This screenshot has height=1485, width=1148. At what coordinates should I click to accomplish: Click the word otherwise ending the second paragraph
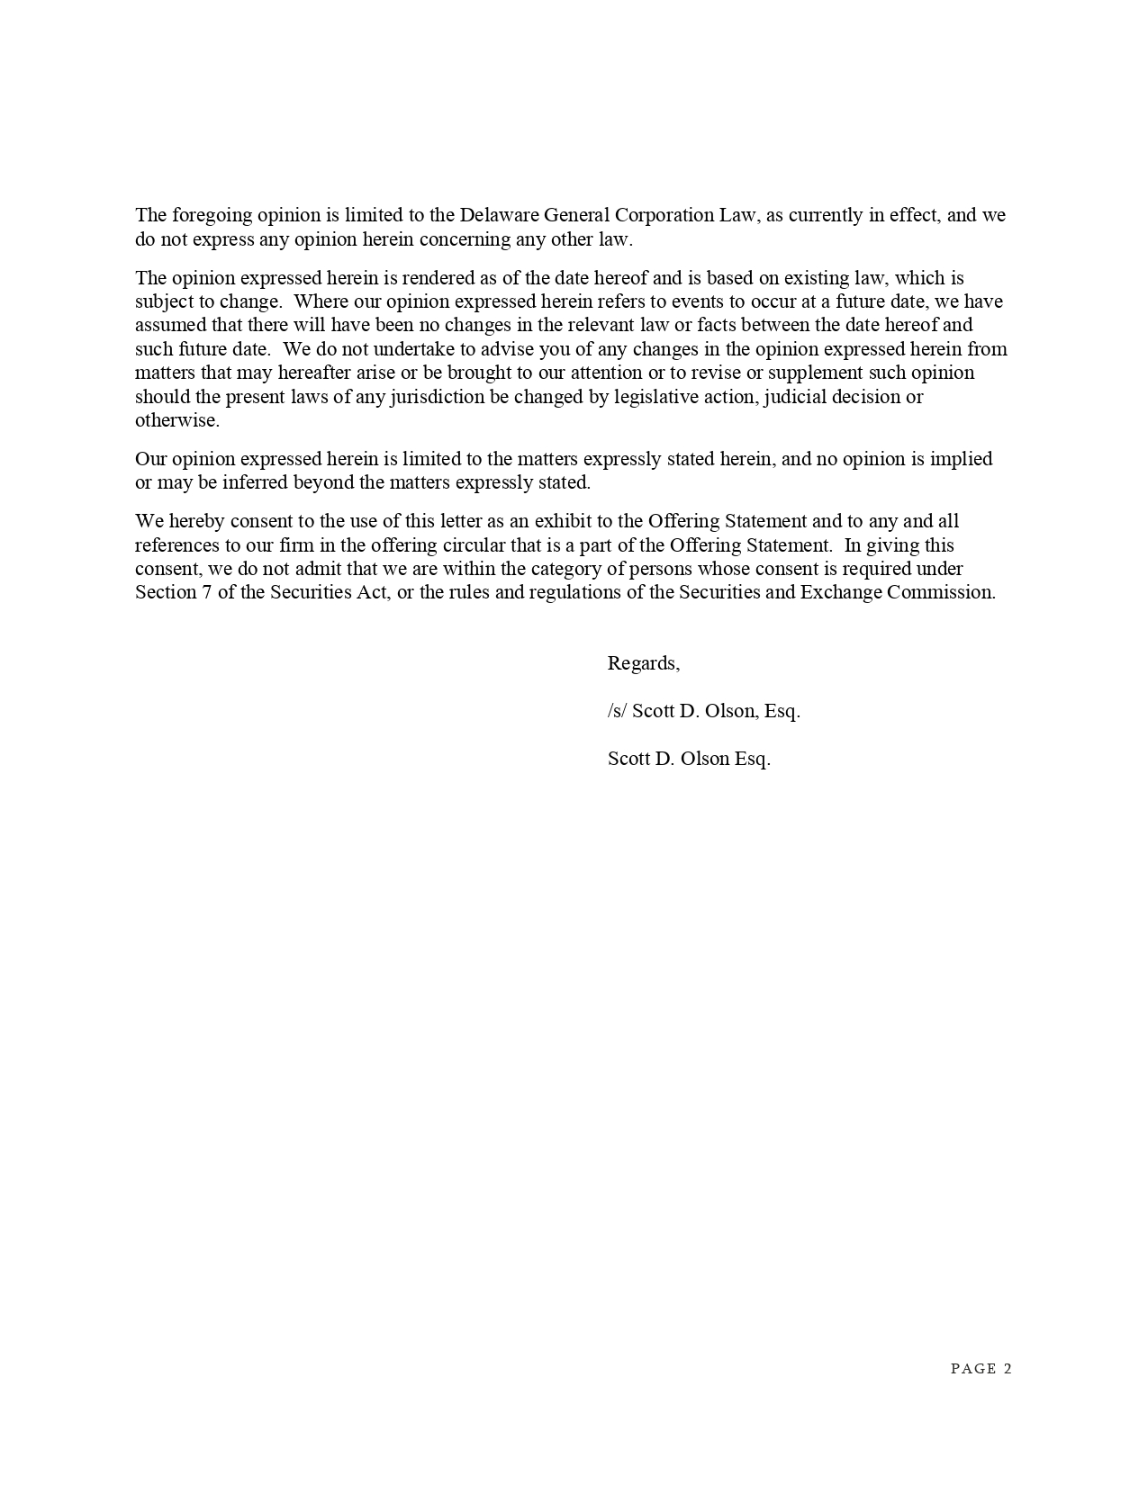pos(176,420)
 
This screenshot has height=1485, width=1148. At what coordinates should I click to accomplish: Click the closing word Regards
pos(643,663)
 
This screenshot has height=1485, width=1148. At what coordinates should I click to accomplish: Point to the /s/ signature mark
pos(617,711)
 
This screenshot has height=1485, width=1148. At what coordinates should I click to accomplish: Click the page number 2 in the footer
pos(1008,1369)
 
